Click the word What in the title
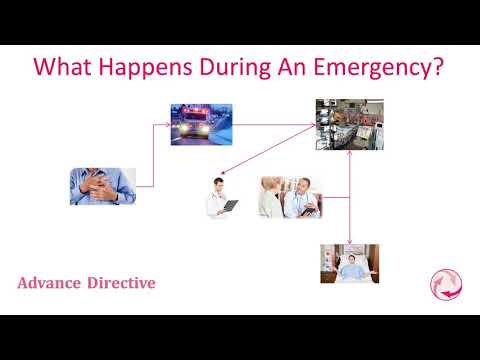63,68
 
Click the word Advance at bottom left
50,283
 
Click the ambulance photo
202,125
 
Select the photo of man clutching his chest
102,186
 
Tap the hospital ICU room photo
349,124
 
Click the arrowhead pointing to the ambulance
167,125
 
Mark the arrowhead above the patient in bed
349,242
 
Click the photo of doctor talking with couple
290,197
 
